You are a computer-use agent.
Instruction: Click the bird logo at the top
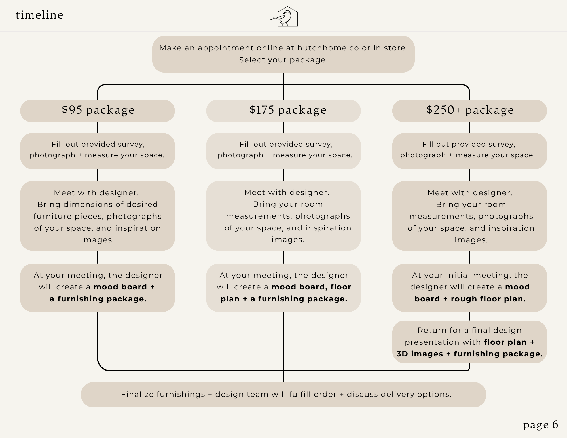[x=284, y=17]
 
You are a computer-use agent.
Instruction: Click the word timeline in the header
[x=39, y=15]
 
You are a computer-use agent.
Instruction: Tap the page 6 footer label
[x=540, y=424]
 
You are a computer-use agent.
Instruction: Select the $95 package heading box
[x=98, y=111]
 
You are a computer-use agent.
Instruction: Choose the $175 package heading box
[x=283, y=111]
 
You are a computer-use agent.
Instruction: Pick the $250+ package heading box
[x=469, y=111]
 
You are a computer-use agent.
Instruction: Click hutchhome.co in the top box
[x=328, y=48]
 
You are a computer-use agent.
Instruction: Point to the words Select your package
[x=283, y=60]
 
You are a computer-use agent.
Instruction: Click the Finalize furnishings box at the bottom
[x=283, y=394]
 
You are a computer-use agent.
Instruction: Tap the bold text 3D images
[x=419, y=354]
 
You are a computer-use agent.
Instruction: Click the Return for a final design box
[x=469, y=342]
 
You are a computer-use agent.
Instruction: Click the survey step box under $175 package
[x=283, y=151]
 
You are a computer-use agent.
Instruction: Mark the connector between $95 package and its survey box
[x=98, y=127]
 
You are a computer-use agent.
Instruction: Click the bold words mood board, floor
[x=311, y=287]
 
